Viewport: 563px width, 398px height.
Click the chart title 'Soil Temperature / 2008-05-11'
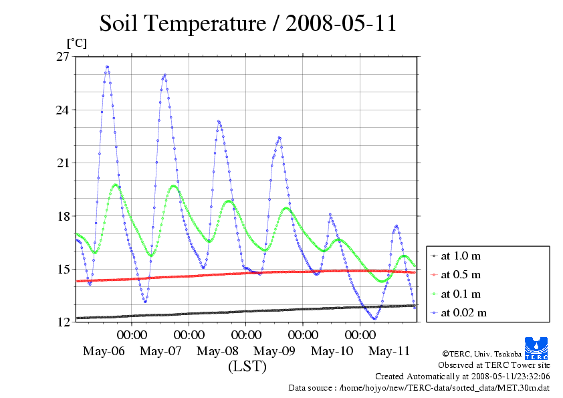pos(248,23)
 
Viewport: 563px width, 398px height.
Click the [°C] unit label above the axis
pos(76,43)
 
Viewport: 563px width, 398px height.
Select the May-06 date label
pos(104,351)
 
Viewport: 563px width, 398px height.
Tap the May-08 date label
pos(218,351)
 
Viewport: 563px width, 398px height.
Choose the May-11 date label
pos(389,351)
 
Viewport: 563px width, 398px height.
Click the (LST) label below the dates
pos(247,367)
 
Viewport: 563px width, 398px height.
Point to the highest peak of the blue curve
pos(107,67)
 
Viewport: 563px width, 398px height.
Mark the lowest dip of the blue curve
pos(374,319)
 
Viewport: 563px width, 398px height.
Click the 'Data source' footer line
pos(419,387)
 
